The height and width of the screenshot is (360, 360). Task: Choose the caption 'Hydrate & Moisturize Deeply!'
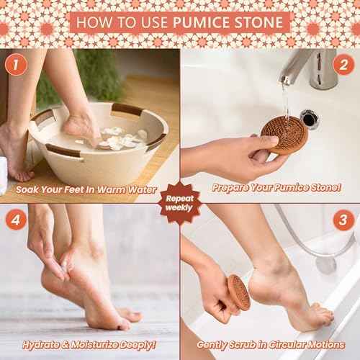pyautogui.click(x=90, y=344)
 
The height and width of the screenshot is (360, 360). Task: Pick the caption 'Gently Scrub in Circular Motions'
pyautogui.click(x=270, y=344)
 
